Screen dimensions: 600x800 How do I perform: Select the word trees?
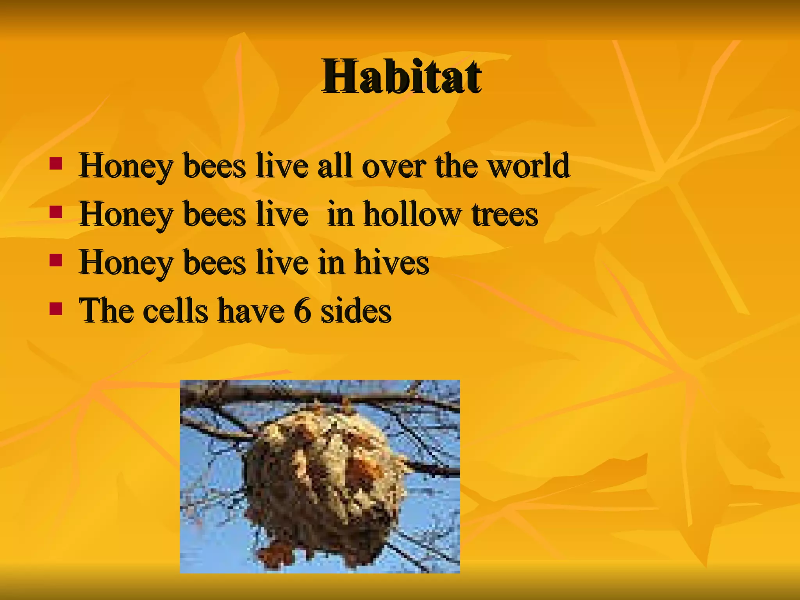click(505, 215)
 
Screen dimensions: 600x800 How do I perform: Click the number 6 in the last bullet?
click(302, 311)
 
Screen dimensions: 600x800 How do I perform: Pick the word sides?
click(356, 311)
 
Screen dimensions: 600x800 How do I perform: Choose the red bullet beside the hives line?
click(56, 260)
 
